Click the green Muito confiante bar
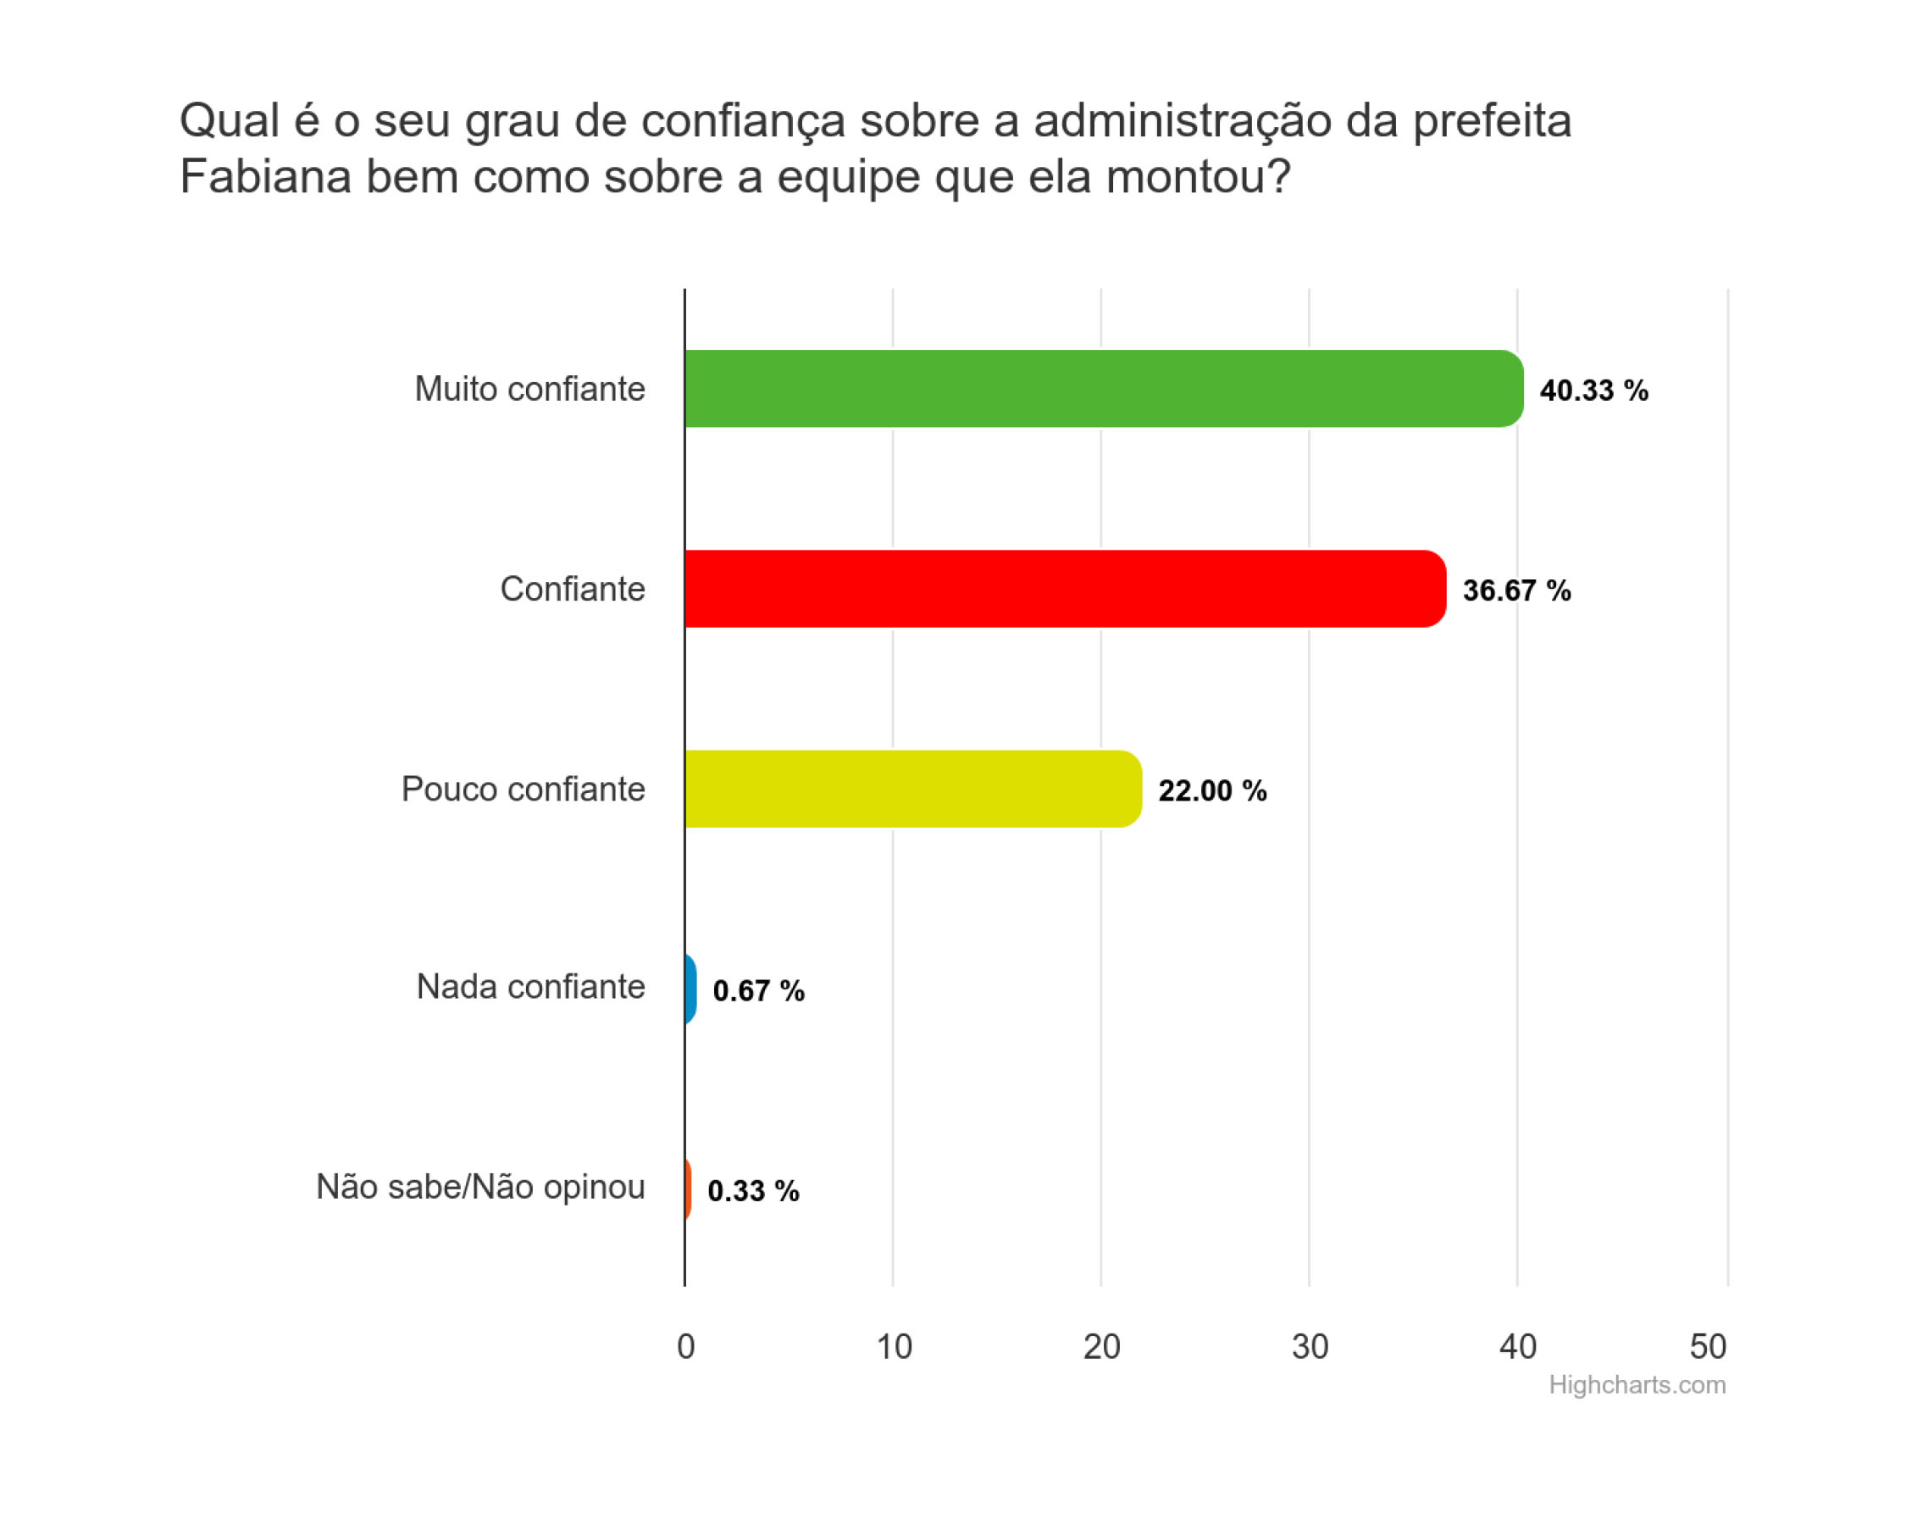[1104, 389]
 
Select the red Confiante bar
[1066, 589]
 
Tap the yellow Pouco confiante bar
[913, 789]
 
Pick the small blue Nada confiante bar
[690, 989]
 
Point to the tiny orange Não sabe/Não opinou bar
[688, 1189]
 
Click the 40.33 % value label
[1594, 391]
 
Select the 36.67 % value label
[1517, 590]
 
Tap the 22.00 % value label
[1213, 790]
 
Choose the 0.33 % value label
[753, 1191]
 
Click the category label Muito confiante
[530, 389]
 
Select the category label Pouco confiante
[524, 789]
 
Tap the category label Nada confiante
[531, 987]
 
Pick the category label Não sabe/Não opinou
[481, 1188]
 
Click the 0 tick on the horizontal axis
[686, 1347]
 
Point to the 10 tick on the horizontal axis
[894, 1347]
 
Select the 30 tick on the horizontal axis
[1310, 1347]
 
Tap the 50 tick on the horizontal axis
[1708, 1347]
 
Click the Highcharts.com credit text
[1637, 1385]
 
